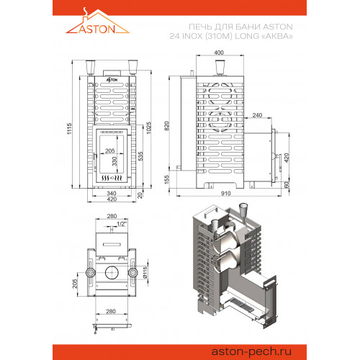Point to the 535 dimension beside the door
pyautogui.click(x=142, y=163)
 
